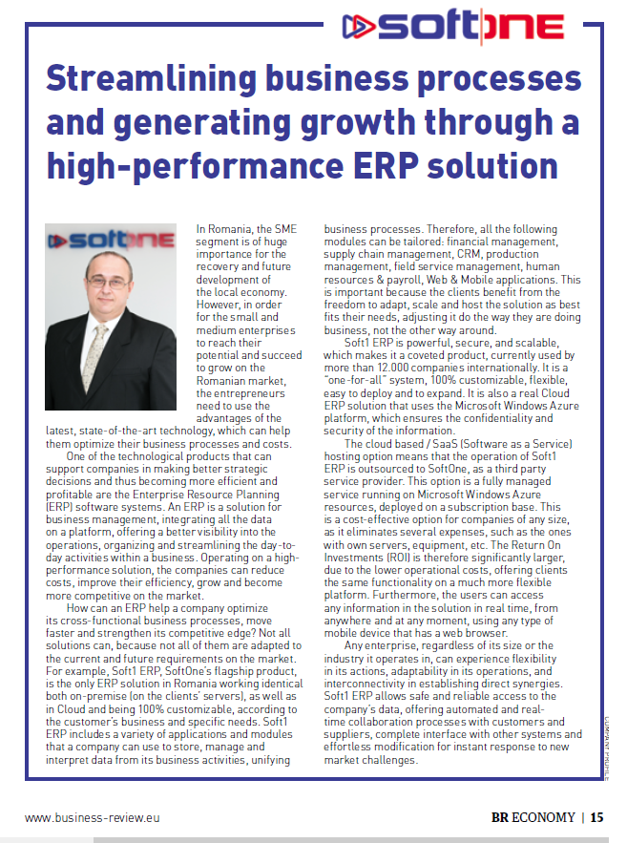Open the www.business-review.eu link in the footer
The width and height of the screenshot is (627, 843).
pyautogui.click(x=92, y=817)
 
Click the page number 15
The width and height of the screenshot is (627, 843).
pyautogui.click(x=596, y=817)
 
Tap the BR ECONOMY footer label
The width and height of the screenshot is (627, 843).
pyautogui.click(x=533, y=817)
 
